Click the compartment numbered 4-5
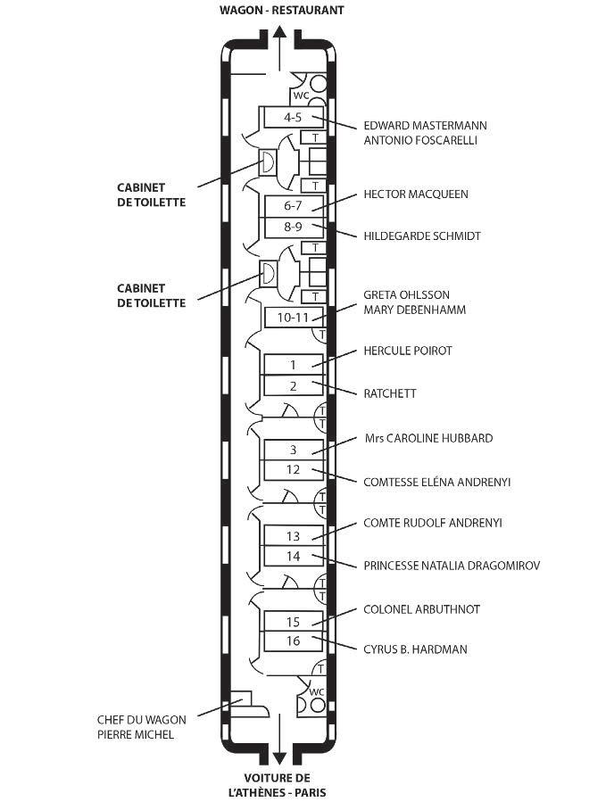(x=293, y=117)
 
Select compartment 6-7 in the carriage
(x=293, y=206)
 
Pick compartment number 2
(x=293, y=386)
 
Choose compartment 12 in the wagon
(x=293, y=470)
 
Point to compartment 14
(x=293, y=557)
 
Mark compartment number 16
(x=293, y=641)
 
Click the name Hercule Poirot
(x=407, y=351)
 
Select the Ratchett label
(x=390, y=393)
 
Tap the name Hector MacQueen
(x=415, y=194)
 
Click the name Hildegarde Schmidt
(x=422, y=236)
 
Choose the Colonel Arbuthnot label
(x=421, y=609)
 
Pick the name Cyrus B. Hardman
(x=413, y=649)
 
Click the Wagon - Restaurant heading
(x=281, y=10)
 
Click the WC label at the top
(x=301, y=95)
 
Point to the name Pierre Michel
(x=135, y=735)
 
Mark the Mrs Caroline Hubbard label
(x=428, y=438)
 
